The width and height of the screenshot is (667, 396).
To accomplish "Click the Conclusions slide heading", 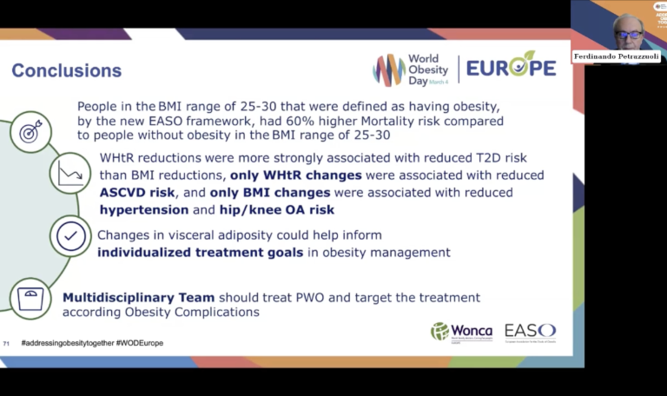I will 66,70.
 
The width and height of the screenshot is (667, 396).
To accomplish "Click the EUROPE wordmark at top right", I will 511,68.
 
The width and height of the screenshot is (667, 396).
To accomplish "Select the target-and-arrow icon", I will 30,132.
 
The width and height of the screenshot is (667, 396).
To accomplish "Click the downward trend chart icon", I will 70,174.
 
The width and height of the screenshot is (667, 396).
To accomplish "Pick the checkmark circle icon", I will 71,235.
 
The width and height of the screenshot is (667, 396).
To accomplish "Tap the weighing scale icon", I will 30,298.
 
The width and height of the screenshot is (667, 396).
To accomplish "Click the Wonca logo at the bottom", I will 461,331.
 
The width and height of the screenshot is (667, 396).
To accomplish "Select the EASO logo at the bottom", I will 530,331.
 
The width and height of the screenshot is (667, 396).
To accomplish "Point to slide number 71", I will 7,343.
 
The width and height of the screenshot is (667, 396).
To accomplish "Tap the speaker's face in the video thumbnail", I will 627,30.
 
